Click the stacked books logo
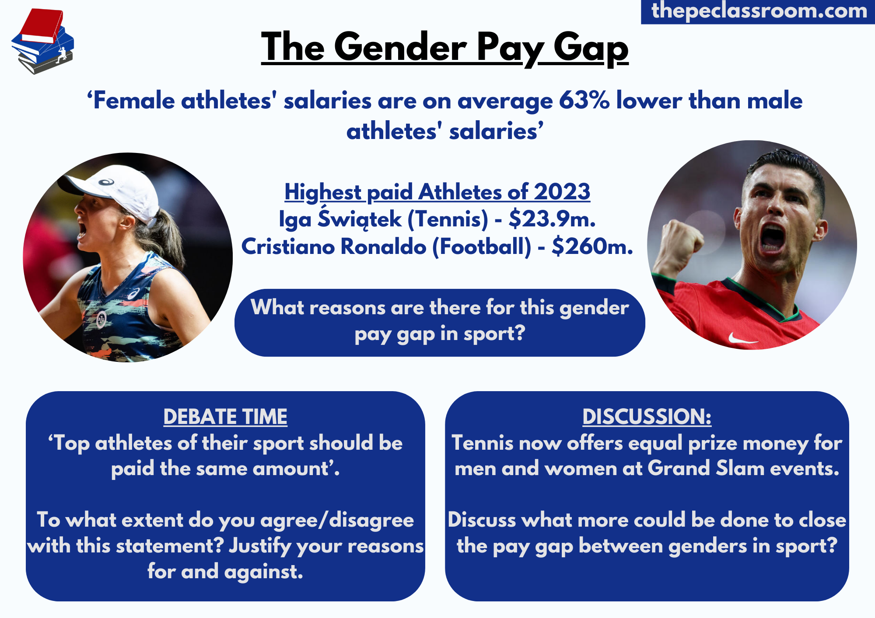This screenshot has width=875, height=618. [x=42, y=42]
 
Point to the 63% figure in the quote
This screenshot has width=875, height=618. [x=584, y=101]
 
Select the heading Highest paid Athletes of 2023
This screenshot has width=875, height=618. [x=437, y=192]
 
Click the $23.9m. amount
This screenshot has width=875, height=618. [x=552, y=219]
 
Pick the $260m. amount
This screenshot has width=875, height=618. [x=592, y=247]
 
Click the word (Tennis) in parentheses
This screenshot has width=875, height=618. [x=448, y=219]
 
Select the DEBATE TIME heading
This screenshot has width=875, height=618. [x=225, y=417]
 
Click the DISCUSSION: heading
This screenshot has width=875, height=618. [x=647, y=417]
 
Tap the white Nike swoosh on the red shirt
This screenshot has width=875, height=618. [x=742, y=338]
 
